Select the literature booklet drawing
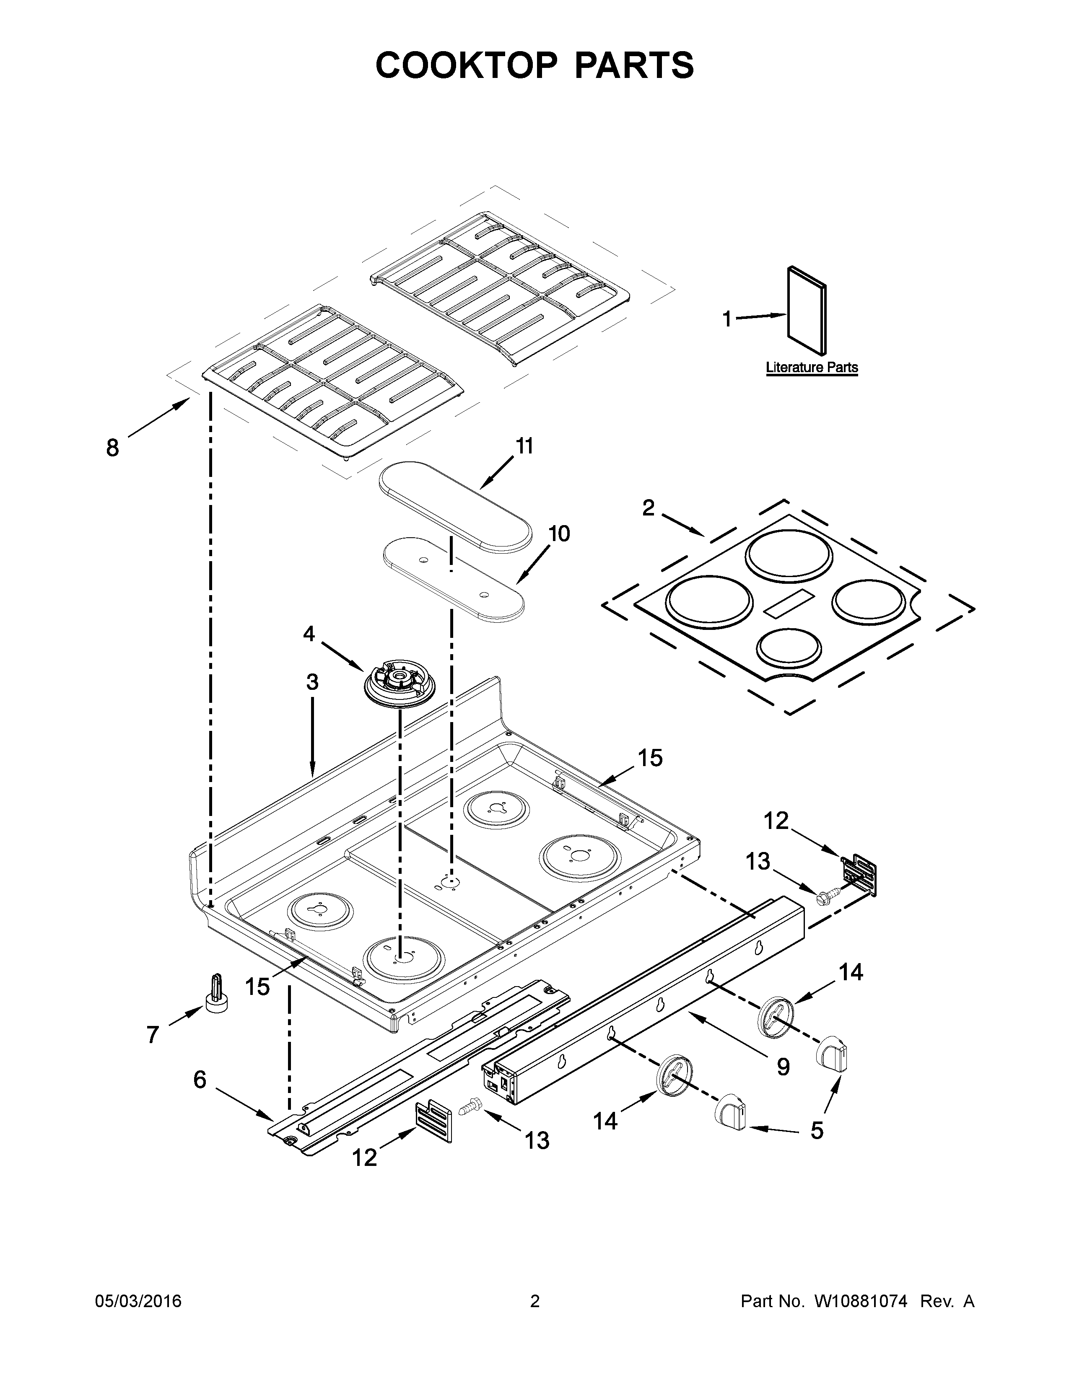806,310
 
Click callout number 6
200,1079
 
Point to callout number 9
783,1067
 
